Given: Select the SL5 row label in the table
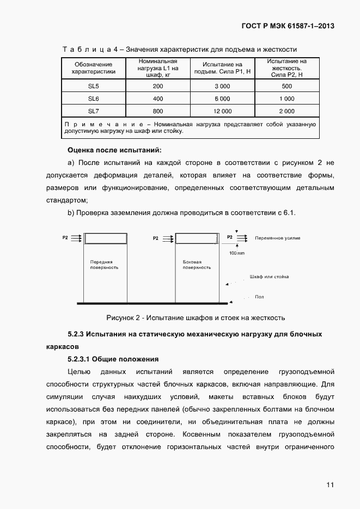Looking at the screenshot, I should [x=94, y=87].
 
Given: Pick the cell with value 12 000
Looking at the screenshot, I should [x=222, y=111].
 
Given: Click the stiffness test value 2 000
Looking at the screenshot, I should [x=286, y=111].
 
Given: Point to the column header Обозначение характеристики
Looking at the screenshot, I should [x=94, y=68].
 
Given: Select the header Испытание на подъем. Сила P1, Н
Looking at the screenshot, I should [x=222, y=68].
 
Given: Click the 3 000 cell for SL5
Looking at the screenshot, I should [x=222, y=87].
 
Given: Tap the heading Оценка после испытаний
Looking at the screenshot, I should [x=114, y=150].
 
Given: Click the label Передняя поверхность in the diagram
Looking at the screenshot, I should [x=104, y=265].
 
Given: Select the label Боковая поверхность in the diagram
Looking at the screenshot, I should [x=197, y=265].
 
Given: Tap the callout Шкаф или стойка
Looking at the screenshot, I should [x=269, y=277].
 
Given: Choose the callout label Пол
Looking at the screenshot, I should [x=259, y=297].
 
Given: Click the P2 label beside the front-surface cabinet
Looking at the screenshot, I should [x=65, y=238].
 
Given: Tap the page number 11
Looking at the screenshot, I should [x=330, y=485].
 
